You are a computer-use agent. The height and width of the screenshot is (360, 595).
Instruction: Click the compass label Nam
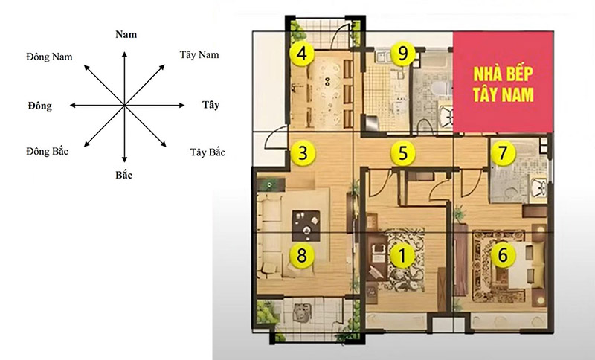[x=126, y=34]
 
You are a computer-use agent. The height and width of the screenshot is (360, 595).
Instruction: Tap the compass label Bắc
[x=124, y=175]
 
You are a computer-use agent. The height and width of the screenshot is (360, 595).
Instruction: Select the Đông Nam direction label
[x=49, y=57]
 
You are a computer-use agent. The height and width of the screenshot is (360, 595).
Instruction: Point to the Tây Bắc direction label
[x=208, y=152]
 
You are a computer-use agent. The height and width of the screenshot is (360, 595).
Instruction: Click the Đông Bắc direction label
[x=48, y=151]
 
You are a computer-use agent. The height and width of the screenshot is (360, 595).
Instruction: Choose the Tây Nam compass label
[x=199, y=55]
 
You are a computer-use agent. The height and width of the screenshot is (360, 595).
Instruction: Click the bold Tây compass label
[x=210, y=105]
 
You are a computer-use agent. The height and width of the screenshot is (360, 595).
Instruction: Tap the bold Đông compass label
[x=40, y=106]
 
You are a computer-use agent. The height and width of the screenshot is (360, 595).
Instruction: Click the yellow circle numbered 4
[x=302, y=54]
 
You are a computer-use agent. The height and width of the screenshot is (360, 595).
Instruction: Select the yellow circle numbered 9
[x=403, y=54]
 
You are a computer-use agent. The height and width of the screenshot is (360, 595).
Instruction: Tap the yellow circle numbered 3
[x=303, y=154]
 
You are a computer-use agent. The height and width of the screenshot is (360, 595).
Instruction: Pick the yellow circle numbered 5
[x=403, y=153]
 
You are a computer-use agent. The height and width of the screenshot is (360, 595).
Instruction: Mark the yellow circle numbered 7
[x=503, y=153]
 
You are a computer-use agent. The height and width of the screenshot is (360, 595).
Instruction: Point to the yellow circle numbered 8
[x=302, y=255]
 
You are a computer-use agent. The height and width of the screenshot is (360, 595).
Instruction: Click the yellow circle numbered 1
[x=402, y=255]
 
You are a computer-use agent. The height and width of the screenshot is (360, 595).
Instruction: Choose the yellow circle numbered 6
[x=503, y=255]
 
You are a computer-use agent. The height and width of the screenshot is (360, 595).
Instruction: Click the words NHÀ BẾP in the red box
[x=504, y=74]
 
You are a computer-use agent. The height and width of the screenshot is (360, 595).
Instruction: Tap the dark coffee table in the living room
[x=306, y=225]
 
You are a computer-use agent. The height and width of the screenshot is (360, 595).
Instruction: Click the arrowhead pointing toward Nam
[x=124, y=54]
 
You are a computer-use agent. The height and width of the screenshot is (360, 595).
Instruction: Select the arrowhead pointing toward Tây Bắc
[x=164, y=144]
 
